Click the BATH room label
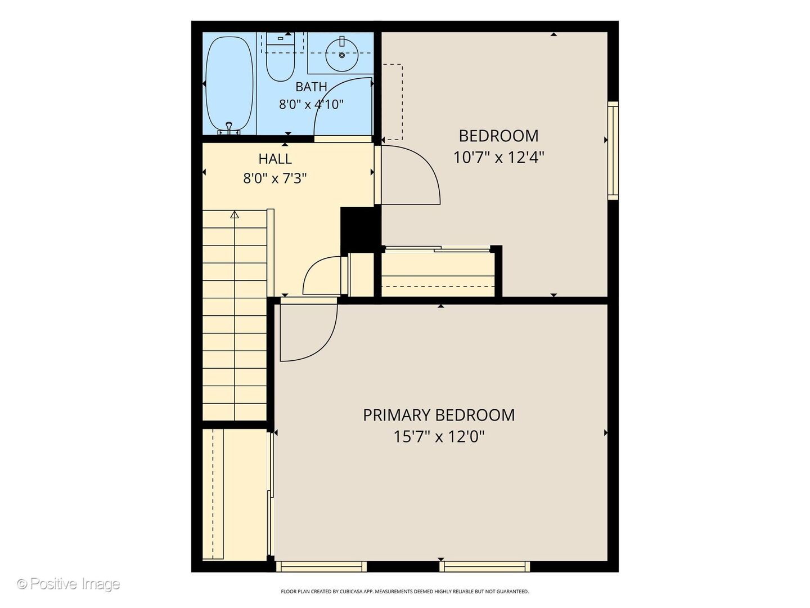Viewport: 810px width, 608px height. [311, 86]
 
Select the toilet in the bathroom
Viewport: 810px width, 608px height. [281, 57]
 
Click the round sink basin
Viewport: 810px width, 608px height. [341, 55]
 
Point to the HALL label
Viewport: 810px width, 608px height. [275, 159]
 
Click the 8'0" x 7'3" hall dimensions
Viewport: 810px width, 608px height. [275, 178]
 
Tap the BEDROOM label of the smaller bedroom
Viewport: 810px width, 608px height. [498, 136]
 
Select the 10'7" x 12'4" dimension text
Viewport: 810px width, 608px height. [498, 157]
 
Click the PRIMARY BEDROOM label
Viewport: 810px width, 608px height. [439, 415]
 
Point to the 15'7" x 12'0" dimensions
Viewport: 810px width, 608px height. [439, 437]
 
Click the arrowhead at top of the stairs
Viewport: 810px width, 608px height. [235, 214]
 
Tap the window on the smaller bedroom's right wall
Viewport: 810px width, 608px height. [613, 151]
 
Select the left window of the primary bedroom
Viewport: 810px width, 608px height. [321, 566]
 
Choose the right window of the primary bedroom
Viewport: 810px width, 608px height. [484, 566]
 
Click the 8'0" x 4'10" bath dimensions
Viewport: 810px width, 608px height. [311, 105]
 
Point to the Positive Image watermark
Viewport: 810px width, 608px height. [69, 584]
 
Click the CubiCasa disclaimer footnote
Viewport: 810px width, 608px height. [405, 591]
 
